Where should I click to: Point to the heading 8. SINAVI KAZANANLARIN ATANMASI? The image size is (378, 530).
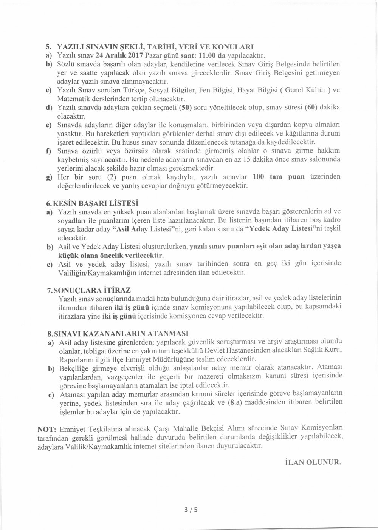point(117,334)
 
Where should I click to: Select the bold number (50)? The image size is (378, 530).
point(184,108)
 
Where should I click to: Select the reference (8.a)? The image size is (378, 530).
point(237,404)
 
